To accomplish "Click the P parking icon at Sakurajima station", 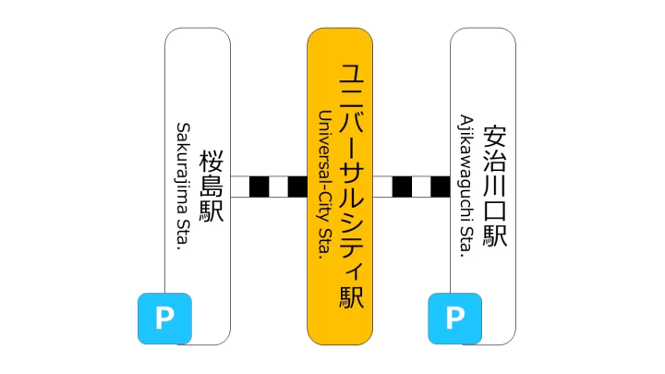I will (x=164, y=319).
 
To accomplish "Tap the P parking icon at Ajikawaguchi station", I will (x=454, y=319).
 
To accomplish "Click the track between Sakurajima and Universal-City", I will (x=269, y=186).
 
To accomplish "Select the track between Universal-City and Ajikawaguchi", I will (x=411, y=186).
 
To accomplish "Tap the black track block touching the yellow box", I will (x=297, y=186).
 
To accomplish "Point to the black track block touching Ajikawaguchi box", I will (x=441, y=186).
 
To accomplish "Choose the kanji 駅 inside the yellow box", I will (x=352, y=297).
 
